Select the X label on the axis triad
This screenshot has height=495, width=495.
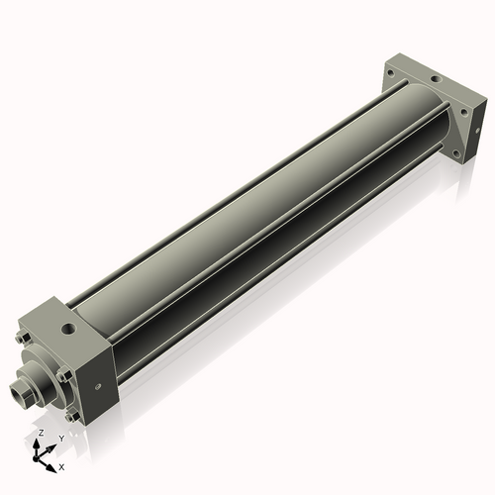(x=61, y=465)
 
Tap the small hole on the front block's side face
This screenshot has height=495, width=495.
(x=98, y=386)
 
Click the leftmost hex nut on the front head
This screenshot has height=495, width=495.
(x=21, y=338)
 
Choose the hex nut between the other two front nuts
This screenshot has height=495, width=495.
(x=63, y=374)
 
